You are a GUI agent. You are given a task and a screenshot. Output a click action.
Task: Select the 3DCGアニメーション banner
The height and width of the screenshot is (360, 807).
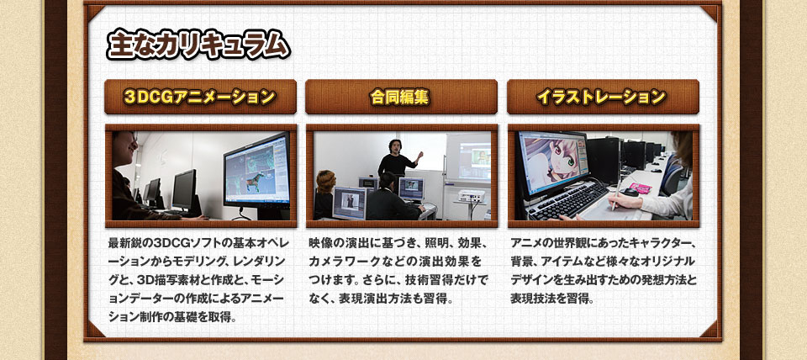(200, 97)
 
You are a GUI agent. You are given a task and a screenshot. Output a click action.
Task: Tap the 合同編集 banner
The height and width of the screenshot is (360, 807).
(400, 97)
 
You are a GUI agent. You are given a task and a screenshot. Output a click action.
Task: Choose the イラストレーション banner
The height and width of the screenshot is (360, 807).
(603, 97)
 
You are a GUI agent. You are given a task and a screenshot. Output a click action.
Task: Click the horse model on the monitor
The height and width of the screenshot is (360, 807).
(253, 173)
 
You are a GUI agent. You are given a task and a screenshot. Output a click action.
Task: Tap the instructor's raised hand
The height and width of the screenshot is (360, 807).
(420, 155)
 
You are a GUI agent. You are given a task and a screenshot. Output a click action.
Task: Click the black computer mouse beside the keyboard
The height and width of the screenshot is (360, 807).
(630, 192)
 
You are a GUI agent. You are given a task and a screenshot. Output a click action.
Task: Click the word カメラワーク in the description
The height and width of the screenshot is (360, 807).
(345, 261)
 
